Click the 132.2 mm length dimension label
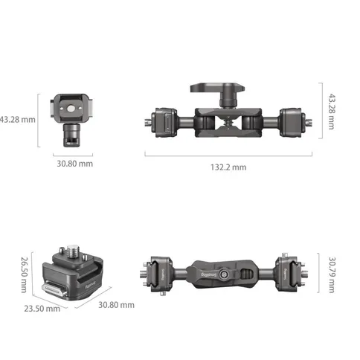pos(228,167)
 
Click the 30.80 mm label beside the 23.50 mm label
pos(117,304)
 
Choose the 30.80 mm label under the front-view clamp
pos(74,164)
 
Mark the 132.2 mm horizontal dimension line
pos(228,155)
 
